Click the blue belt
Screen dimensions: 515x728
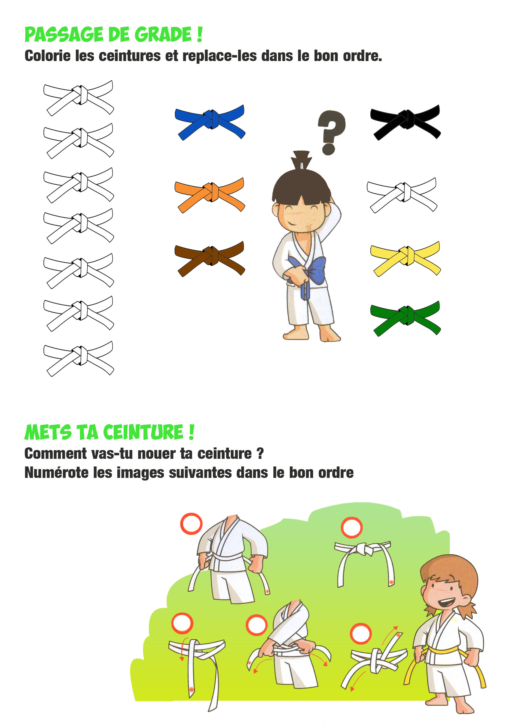click(x=210, y=122)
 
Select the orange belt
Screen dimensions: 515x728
click(x=210, y=194)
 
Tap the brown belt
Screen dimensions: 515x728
click(x=210, y=258)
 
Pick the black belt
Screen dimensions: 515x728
click(x=405, y=122)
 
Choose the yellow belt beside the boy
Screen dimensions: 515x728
click(x=405, y=258)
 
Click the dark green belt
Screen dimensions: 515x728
click(x=405, y=318)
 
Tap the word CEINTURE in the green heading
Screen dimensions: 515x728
click(x=143, y=432)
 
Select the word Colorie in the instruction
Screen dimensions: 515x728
click(x=48, y=56)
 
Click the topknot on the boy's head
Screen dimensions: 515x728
click(x=301, y=160)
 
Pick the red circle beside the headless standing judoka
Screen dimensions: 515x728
click(x=191, y=523)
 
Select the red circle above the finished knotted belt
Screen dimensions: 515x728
click(x=352, y=527)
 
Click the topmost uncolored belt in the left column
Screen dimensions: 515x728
click(x=79, y=98)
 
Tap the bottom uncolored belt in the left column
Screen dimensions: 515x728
click(x=79, y=359)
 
